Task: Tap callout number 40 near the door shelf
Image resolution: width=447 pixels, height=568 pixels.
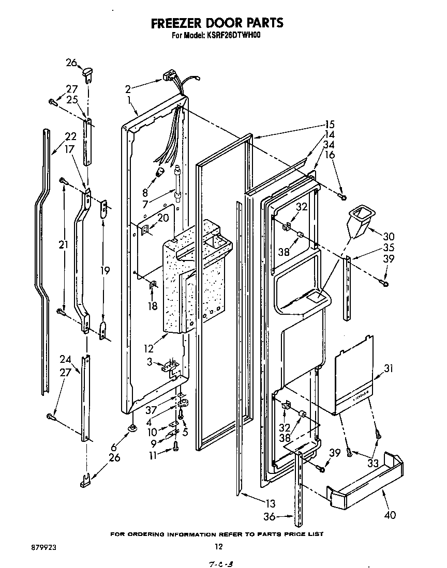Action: (390, 515)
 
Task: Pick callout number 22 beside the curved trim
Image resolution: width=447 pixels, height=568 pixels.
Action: (70, 137)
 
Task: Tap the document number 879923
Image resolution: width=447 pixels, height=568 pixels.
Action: (30, 546)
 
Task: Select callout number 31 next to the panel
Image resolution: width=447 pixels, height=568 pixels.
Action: (389, 369)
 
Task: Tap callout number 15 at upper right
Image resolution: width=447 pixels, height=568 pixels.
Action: (330, 124)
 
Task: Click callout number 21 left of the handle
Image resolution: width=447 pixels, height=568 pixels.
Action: (63, 245)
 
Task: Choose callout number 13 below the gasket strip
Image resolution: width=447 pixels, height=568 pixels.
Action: (270, 503)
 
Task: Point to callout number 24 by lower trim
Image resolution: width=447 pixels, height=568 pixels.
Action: (65, 359)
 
